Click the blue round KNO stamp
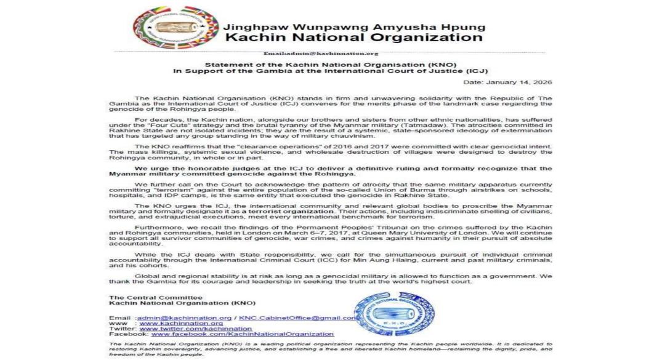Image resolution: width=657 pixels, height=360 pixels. click(395, 314)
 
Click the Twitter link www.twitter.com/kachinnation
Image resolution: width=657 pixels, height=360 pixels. click(195, 329)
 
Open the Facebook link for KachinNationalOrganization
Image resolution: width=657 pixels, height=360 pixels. click(243, 334)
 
